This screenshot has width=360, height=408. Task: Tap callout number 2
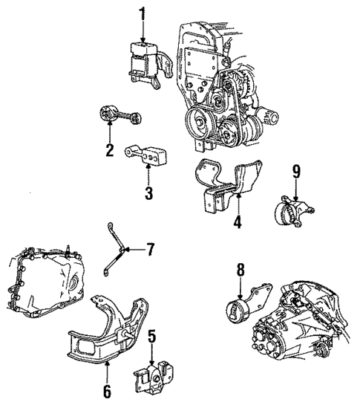[x=109, y=150]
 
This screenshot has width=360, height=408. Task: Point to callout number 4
[x=237, y=220]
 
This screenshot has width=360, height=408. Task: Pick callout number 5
[x=152, y=336]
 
